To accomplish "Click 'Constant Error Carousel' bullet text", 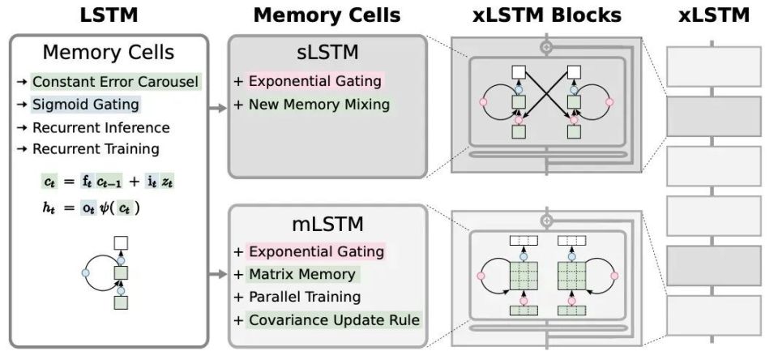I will [x=115, y=82].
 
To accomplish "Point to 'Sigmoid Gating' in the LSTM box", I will [x=86, y=105].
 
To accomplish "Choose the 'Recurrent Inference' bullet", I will [x=100, y=127].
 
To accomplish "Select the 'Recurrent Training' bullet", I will [x=96, y=148].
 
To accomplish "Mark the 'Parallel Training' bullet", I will [x=304, y=297].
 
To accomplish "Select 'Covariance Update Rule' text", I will [x=334, y=319].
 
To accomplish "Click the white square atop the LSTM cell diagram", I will [x=121, y=242].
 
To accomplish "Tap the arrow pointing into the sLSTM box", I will [x=217, y=105].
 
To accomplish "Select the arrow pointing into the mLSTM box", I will [x=217, y=274].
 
